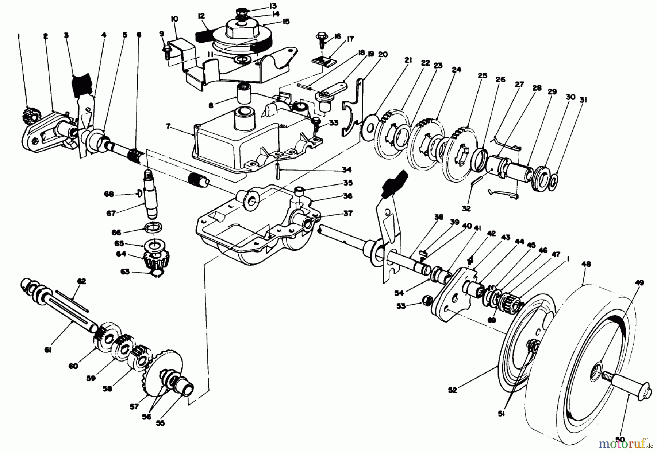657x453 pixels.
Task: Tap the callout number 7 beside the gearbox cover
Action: click(168, 126)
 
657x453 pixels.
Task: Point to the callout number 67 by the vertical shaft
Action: click(111, 214)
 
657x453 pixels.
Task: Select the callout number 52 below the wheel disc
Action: click(452, 390)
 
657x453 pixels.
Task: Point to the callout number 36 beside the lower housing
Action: click(347, 196)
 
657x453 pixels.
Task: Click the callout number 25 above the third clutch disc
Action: click(482, 75)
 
